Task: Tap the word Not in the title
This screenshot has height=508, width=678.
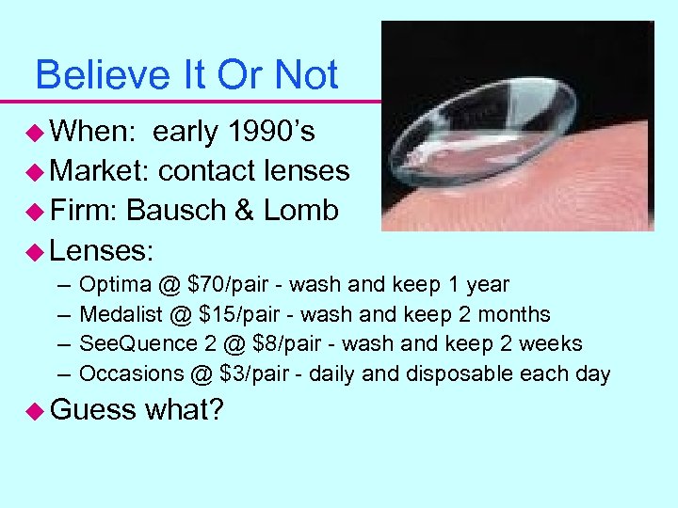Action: click(x=306, y=74)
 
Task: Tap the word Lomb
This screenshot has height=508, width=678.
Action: click(x=300, y=210)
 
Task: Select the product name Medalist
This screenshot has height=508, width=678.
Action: click(x=117, y=314)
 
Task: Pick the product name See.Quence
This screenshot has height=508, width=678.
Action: click(x=130, y=344)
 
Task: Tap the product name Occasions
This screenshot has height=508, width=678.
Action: click(x=128, y=373)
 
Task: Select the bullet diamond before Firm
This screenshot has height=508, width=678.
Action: click(x=36, y=211)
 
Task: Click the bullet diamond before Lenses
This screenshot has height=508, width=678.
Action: click(x=36, y=250)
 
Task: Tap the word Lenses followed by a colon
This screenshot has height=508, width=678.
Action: click(x=102, y=250)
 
